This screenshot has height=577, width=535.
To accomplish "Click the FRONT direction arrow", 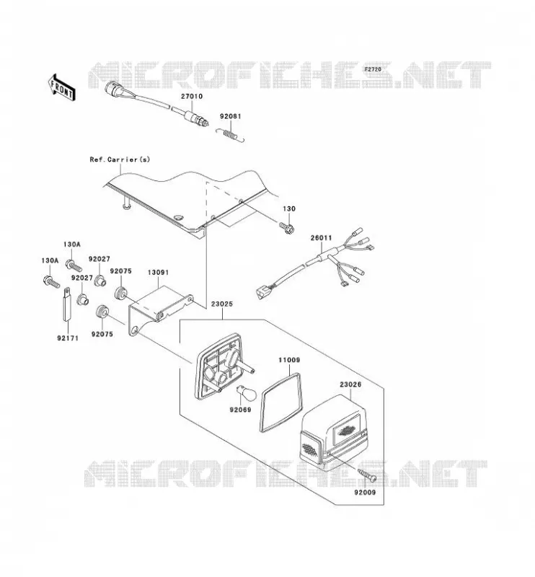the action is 61,87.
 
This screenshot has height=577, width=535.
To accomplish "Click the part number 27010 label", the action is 191,97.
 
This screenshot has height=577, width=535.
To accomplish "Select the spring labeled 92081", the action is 230,134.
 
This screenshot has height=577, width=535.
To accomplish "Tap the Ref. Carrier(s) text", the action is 120,159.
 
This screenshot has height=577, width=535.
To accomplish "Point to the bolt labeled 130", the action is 287,228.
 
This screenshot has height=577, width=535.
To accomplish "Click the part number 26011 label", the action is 321,238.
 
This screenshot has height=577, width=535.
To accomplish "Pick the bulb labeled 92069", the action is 243,393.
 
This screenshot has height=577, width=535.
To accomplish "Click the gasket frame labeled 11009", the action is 281,402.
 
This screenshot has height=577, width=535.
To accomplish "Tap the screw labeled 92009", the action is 367,475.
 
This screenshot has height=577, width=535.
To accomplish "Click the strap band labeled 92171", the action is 66,304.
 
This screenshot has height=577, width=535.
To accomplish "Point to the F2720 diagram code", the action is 373,69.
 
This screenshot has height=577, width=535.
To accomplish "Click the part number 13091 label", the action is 158,273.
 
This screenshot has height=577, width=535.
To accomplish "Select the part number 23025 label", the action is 222,304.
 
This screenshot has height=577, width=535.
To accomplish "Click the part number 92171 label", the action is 68,338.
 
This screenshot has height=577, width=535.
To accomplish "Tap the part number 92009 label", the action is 365,492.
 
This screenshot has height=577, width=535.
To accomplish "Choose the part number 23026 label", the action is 350,384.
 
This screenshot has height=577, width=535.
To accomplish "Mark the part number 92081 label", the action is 231,116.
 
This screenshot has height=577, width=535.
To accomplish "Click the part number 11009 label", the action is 289,360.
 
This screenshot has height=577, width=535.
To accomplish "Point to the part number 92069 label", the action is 240,410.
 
